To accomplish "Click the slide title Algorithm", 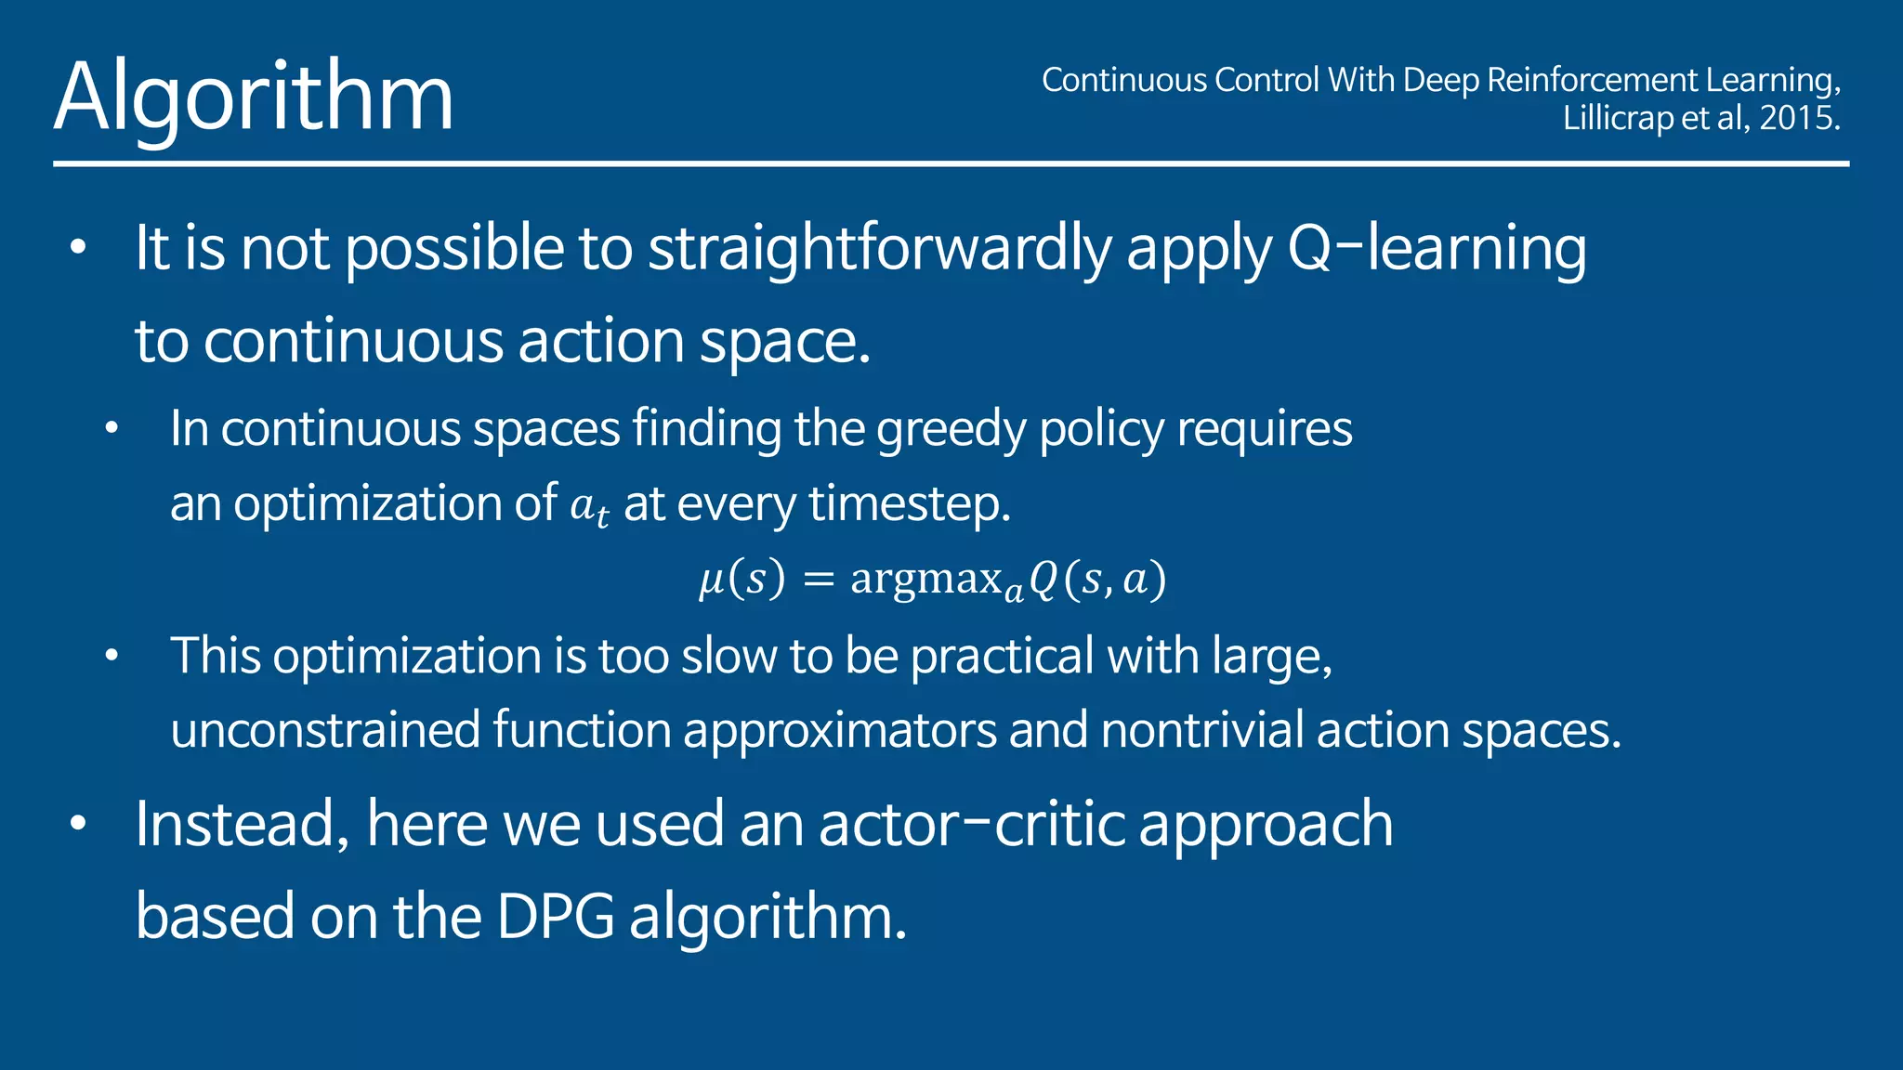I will [254, 98].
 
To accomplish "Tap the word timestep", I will [909, 504].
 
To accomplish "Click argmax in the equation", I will [925, 579].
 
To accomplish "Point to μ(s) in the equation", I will [742, 579].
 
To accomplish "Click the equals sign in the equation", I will [819, 580].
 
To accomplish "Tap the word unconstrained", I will [325, 730].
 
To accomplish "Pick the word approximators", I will [840, 730].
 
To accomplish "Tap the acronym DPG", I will [555, 918].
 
